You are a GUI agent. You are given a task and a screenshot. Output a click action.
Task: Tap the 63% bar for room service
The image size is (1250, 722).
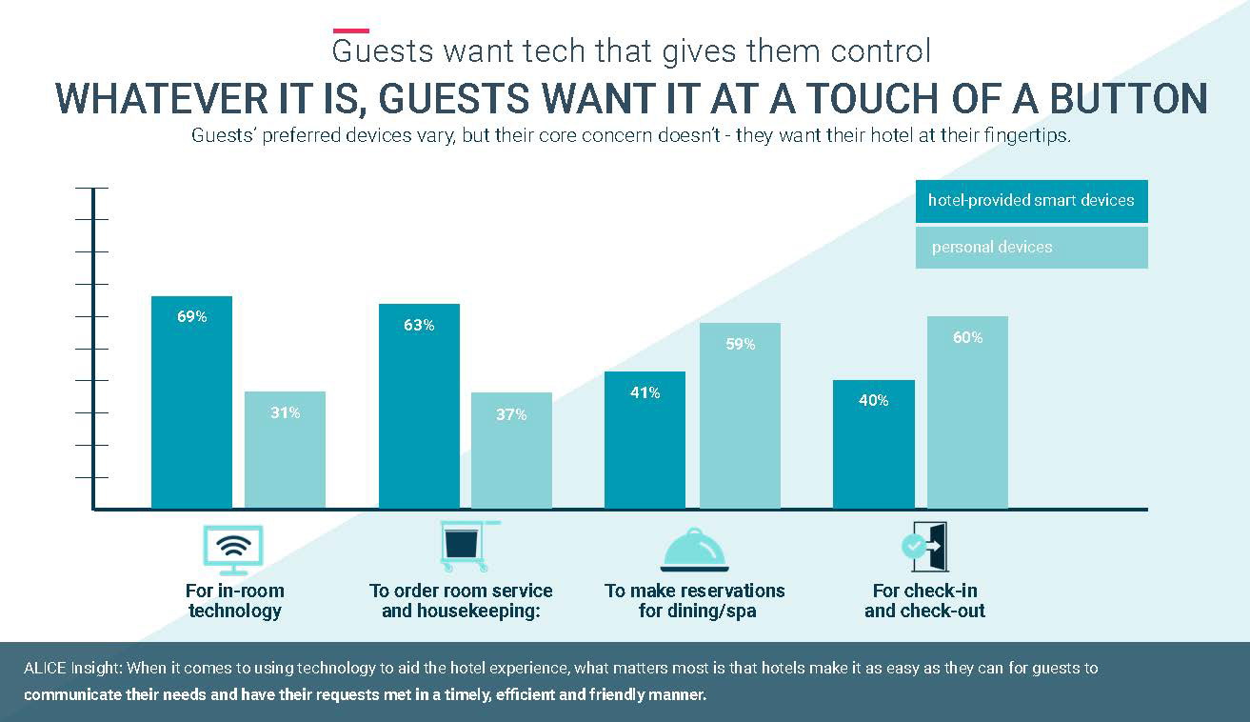click(419, 406)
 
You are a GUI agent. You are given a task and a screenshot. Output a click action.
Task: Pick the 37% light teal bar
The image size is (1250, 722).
click(511, 451)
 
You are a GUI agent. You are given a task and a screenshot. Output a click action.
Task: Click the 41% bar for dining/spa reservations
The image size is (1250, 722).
click(645, 439)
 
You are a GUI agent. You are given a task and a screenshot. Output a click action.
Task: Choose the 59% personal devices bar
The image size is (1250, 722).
click(740, 415)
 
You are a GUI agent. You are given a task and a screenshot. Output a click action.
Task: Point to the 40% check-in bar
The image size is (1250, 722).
click(873, 444)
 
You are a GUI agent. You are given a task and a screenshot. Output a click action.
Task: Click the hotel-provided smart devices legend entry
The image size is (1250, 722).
click(1031, 201)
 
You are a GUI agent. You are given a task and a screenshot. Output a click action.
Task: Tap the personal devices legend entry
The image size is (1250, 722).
click(1031, 248)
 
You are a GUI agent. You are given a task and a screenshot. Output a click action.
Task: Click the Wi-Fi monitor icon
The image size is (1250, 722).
click(233, 549)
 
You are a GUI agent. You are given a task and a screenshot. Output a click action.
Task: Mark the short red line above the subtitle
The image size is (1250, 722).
click(350, 31)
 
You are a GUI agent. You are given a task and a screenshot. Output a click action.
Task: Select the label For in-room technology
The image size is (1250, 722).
click(234, 601)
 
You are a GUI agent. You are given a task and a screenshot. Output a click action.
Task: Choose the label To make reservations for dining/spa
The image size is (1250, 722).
click(695, 601)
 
